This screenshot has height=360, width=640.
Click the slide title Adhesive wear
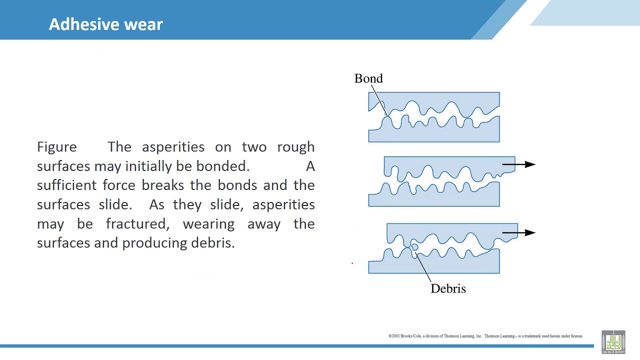click(x=105, y=24)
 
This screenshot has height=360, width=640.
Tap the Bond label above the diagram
click(x=368, y=78)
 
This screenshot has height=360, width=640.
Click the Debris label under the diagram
click(x=448, y=288)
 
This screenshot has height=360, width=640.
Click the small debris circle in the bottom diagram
click(x=414, y=247)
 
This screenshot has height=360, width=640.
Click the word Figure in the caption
click(x=56, y=147)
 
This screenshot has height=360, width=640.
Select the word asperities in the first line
click(x=173, y=147)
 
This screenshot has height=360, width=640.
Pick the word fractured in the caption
click(x=137, y=224)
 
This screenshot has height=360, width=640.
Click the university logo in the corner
click(x=613, y=342)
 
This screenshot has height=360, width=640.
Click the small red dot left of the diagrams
click(x=352, y=263)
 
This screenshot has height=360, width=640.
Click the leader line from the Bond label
click(x=378, y=100)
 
